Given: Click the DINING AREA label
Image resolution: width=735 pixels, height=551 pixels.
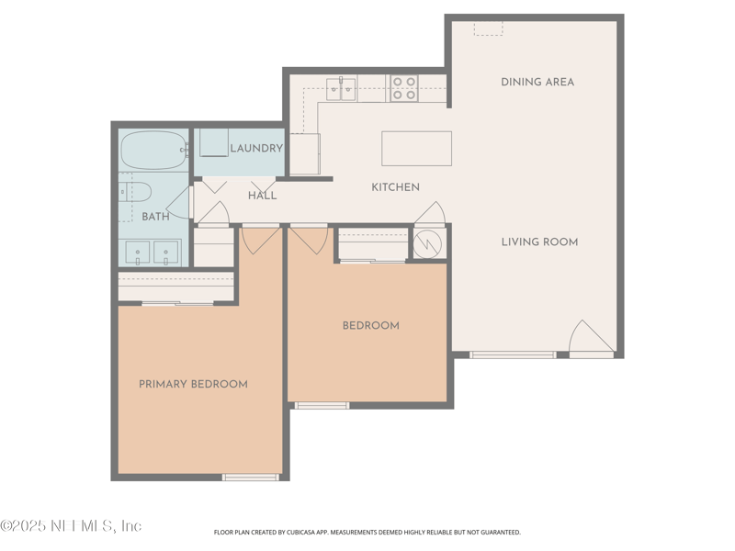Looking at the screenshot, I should [x=537, y=82].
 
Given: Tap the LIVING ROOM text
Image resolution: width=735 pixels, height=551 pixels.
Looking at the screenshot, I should [x=539, y=242].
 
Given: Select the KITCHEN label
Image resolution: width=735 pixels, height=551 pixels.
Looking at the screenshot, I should [x=395, y=187].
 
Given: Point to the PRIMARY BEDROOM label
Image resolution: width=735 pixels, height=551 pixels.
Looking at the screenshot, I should [x=193, y=384].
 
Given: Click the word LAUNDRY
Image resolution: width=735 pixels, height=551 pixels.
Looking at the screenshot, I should [x=255, y=149].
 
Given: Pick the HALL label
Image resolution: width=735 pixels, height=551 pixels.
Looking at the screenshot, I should [x=262, y=196].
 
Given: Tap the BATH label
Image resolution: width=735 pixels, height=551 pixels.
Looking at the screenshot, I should [x=155, y=217].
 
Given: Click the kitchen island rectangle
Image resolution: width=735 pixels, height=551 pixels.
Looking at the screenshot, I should [x=416, y=148].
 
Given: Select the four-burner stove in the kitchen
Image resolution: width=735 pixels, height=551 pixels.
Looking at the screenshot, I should [x=403, y=88].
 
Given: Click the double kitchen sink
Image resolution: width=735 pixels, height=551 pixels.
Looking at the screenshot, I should [x=342, y=89].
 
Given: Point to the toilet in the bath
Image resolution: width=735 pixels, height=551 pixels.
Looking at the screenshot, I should [x=135, y=191].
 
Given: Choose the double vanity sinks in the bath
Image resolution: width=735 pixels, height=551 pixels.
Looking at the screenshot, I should [x=153, y=251].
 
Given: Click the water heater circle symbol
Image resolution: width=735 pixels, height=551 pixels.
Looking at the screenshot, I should [x=427, y=244].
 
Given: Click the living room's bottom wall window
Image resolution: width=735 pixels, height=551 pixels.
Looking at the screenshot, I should [x=513, y=354].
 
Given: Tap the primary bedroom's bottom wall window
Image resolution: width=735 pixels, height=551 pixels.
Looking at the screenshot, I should [x=251, y=477].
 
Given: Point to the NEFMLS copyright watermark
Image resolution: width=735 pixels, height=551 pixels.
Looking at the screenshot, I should [x=71, y=526].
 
